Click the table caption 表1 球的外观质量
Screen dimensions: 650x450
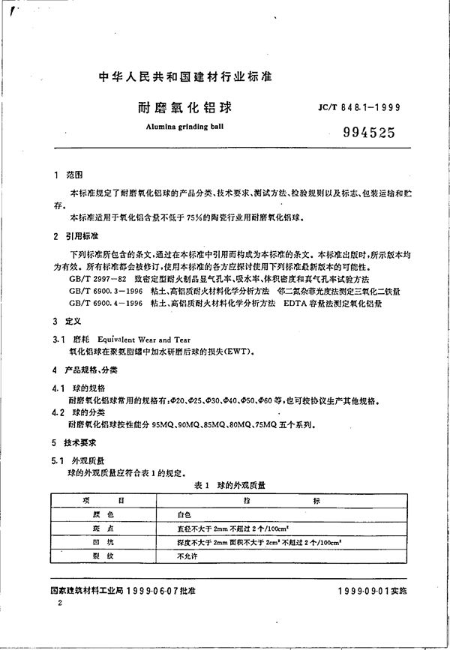tap(229, 485)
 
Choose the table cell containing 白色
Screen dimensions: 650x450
tap(184, 516)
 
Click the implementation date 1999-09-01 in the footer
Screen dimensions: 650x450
tap(364, 592)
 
